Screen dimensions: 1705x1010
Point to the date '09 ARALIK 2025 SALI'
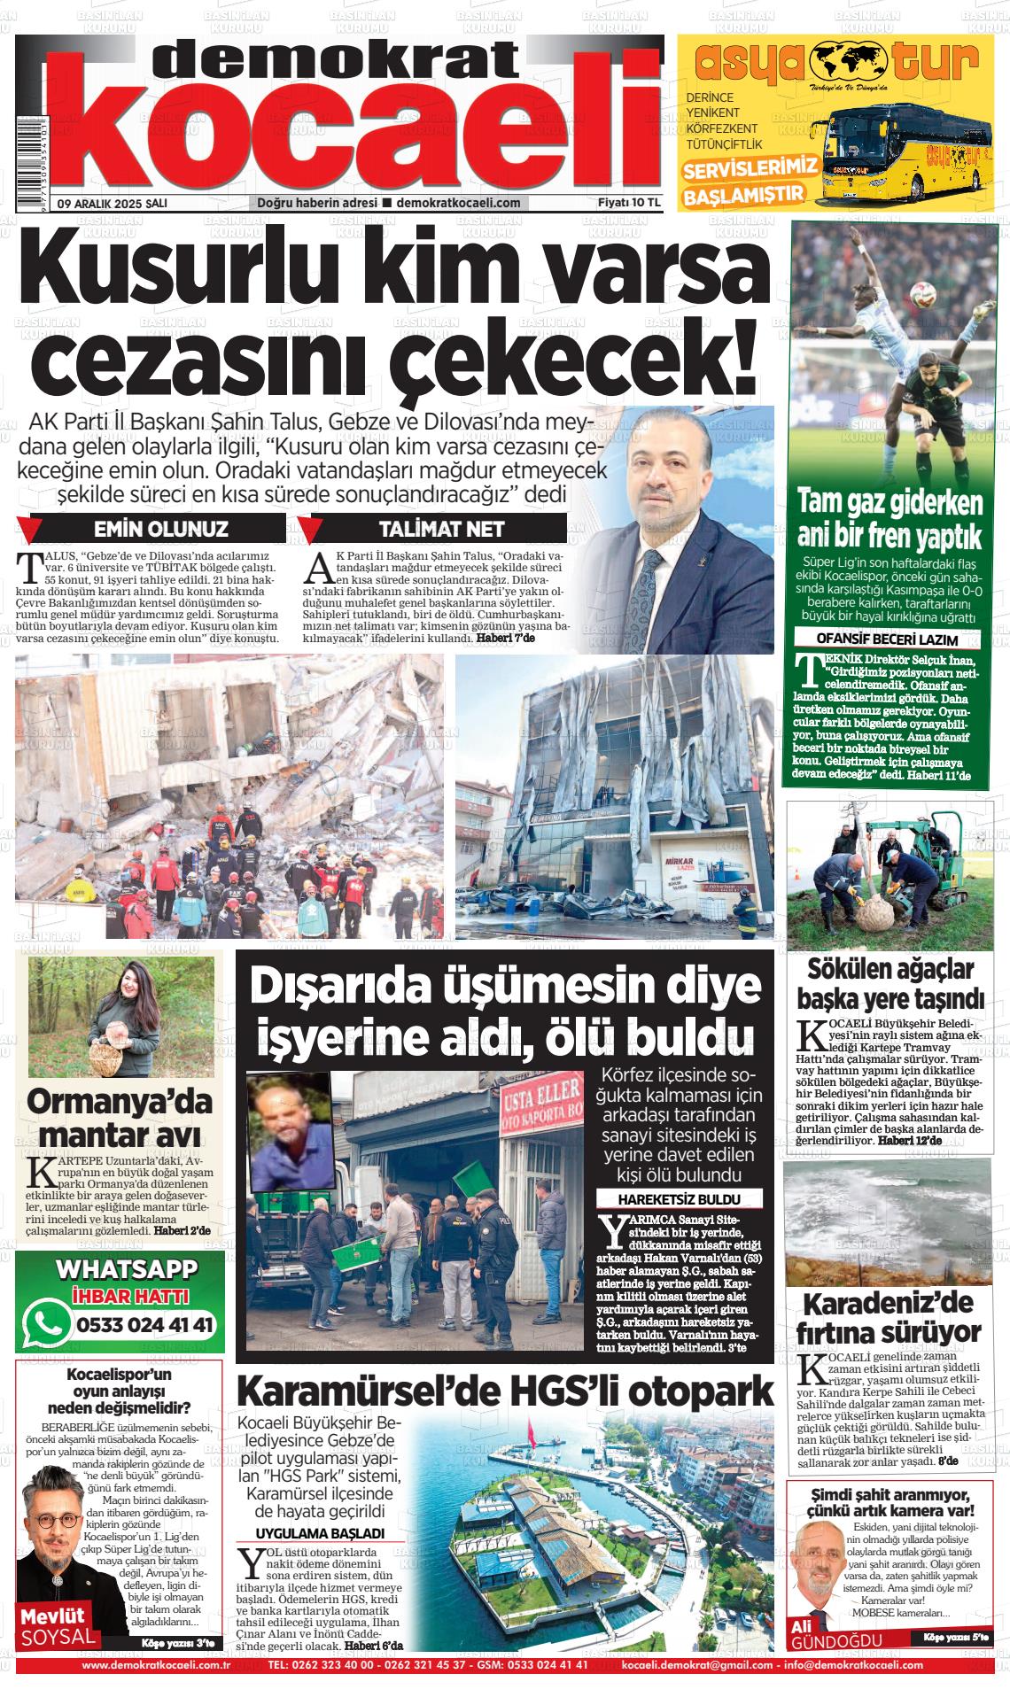tap(112, 203)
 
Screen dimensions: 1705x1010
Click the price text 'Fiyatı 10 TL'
tap(630, 203)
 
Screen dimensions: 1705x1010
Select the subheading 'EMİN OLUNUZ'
tap(161, 529)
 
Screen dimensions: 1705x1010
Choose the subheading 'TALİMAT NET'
tap(440, 529)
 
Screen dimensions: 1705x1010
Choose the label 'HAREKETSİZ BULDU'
tap(680, 1199)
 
